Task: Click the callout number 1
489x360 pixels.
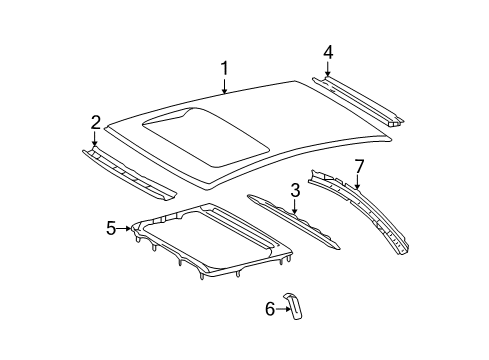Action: pos(225,68)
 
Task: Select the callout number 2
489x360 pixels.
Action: pos(95,122)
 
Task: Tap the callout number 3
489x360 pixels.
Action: pos(295,190)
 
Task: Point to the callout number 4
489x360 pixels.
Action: pos(328,53)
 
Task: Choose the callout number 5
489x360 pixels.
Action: pos(111,229)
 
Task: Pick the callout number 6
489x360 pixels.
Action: pos(270,309)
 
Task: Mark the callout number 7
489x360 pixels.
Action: pos(359,167)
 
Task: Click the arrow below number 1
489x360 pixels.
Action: pos(225,86)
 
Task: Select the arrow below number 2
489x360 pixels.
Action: pos(95,139)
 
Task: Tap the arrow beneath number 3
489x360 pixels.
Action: pos(294,207)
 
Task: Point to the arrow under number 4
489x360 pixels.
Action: pos(327,69)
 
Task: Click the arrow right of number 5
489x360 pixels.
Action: pos(124,228)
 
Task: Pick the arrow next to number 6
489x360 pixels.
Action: pos(283,309)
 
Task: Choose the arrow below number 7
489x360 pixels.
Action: pos(358,182)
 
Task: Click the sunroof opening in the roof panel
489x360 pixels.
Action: pos(206,136)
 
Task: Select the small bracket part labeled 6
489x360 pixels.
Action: pos(294,307)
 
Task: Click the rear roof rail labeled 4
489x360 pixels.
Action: pos(358,101)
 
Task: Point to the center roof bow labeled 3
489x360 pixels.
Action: pos(293,222)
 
